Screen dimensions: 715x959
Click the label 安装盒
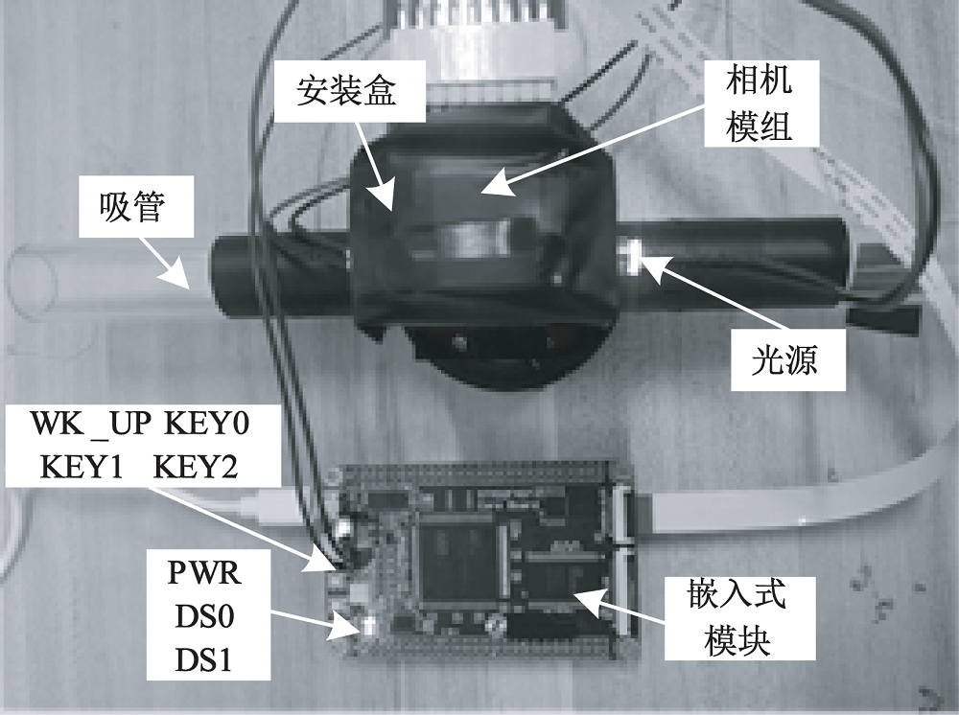coord(346,92)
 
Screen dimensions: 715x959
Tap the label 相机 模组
coord(759,104)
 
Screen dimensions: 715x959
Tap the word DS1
coord(205,661)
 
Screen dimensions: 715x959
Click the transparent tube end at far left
coord(38,278)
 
